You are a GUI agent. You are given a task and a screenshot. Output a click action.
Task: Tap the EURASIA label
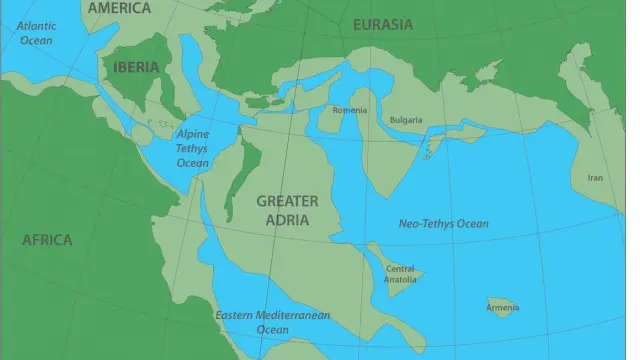tap(380, 24)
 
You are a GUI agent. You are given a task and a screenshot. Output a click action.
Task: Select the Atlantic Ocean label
tap(36, 33)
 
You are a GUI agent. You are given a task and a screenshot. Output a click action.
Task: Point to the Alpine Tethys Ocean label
tap(193, 147)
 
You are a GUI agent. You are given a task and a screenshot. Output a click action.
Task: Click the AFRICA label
tap(47, 240)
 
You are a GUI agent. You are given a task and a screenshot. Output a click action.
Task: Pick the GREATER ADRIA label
tap(288, 210)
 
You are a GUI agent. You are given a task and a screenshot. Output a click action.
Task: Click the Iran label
tap(594, 178)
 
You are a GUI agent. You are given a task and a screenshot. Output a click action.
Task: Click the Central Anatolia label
tap(400, 273)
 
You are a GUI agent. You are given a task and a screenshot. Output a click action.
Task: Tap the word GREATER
tap(288, 201)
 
